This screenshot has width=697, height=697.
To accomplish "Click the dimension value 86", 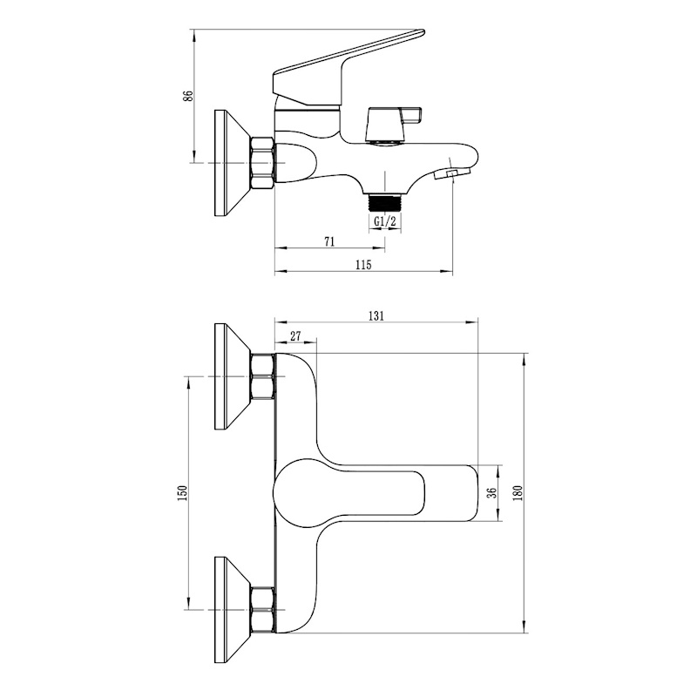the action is point(189,96).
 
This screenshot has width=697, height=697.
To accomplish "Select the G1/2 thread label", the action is point(384,221).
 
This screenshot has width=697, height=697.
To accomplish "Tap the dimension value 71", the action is point(329,241).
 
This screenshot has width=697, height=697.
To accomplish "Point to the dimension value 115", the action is point(363,265).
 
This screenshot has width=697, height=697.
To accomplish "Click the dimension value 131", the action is point(376,316).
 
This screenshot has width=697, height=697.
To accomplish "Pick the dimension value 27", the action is point(295,336).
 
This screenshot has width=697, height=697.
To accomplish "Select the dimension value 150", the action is point(183,493).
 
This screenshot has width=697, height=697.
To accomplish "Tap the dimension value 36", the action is point(491,492).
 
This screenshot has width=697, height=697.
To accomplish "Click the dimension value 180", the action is point(518,492).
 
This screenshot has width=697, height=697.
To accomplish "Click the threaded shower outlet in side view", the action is point(385,203).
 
